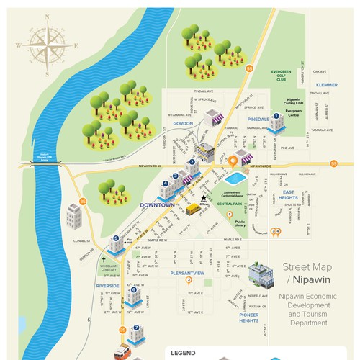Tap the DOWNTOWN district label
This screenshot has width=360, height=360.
pyautogui.click(x=158, y=204)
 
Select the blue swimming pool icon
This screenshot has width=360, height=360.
pyautogui.click(x=235, y=177)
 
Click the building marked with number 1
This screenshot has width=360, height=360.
pyautogui.click(x=277, y=123)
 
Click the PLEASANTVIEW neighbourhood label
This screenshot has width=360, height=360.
pyautogui.click(x=189, y=274)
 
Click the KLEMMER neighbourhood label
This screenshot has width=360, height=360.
pyautogui.click(x=325, y=85)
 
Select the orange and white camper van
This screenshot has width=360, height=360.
pyautogui.click(x=122, y=354)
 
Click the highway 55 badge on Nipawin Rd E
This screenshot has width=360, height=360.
pyautogui.click(x=333, y=164)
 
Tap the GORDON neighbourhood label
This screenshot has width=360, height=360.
pyautogui.click(x=184, y=123)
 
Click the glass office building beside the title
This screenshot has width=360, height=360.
pyautogui.click(x=263, y=274)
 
